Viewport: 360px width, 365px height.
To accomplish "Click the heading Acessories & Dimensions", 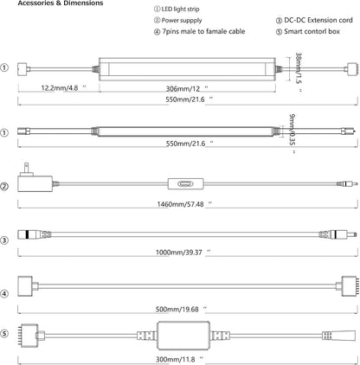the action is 61,3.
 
